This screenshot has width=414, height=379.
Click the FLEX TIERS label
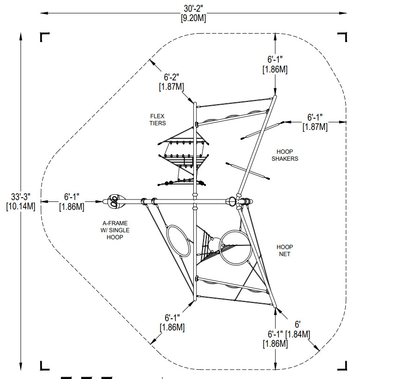[158, 120]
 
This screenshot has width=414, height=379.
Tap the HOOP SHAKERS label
[285, 155]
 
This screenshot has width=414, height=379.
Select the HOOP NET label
[284, 250]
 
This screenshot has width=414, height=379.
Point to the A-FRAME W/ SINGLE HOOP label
[115, 230]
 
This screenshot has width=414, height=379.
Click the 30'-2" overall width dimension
[194, 8]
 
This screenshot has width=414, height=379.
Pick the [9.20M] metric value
[194, 18]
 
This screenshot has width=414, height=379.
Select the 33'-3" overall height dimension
[21, 197]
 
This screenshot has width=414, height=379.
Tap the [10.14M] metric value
[21, 206]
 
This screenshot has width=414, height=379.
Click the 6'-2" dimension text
[171, 77]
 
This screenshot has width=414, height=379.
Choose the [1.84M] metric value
[298, 335]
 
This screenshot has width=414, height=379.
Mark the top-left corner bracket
[44, 37]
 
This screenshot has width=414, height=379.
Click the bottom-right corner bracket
[342, 366]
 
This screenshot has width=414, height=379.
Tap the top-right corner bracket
[342, 37]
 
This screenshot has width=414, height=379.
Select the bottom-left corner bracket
[44, 366]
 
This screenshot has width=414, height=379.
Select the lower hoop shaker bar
[247, 171]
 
